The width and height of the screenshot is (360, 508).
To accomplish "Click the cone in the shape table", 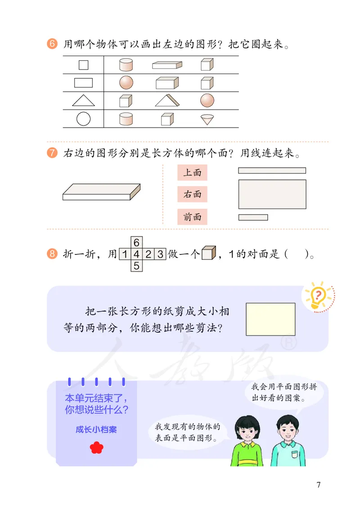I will point(207,119).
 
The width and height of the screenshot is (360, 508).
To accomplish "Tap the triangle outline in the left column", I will point(83,100).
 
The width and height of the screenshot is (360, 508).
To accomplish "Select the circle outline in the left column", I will point(83,119).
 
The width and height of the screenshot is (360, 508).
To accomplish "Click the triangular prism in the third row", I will point(167,100).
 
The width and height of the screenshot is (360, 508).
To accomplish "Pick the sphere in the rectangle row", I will point(126,82).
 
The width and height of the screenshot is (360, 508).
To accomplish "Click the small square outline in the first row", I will point(83,65).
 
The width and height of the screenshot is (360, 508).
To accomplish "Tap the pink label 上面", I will point(192,172).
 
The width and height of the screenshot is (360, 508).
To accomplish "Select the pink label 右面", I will point(192,194).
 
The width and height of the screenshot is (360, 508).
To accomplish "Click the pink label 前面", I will point(192,217).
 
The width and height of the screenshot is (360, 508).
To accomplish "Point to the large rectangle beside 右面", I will point(272,194).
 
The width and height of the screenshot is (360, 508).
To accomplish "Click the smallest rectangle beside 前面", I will point(253,218).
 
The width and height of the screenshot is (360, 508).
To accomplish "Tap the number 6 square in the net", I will point(136,242).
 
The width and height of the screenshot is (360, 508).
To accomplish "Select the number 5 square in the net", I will point(136,266).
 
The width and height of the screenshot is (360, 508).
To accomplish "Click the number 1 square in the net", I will point(124,254).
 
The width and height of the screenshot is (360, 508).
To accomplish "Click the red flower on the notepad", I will point(96,447).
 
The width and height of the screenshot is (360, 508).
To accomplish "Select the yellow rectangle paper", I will point(270,319).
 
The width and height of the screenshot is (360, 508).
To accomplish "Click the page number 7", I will point(319,485).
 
